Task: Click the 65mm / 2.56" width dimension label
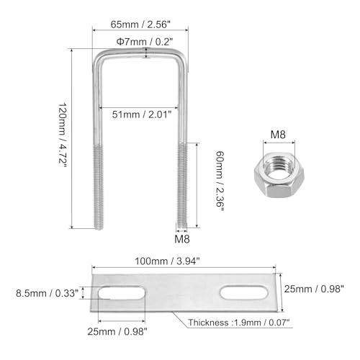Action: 140,24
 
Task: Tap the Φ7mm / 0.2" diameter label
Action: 145,42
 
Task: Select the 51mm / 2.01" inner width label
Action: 142,114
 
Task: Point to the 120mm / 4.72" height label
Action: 63,133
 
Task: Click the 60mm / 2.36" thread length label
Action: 220,181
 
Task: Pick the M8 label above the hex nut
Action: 278,135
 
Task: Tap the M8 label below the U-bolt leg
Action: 182,239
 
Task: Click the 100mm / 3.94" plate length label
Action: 167,261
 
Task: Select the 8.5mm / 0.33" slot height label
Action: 47,293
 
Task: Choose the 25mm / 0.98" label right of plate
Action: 314,289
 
